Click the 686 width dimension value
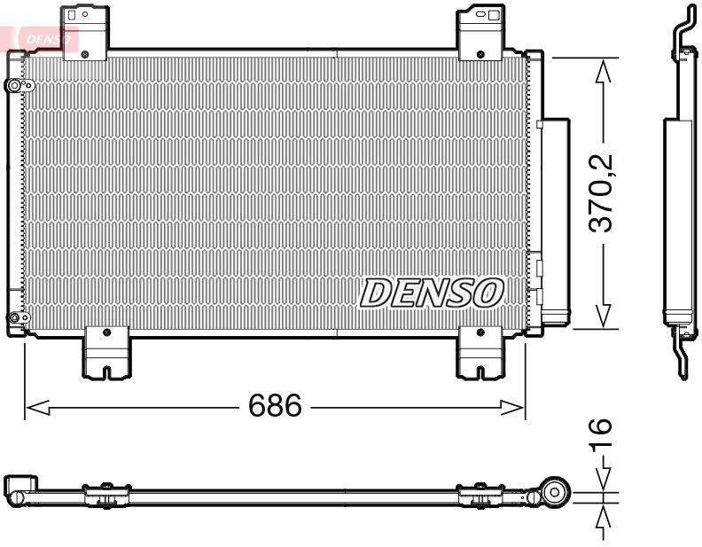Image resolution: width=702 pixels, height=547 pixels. (274, 406)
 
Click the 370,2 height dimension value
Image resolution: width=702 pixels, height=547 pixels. (604, 193)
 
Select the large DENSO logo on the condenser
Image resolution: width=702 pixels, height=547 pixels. (432, 293)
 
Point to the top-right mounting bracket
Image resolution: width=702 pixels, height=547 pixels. (480, 28)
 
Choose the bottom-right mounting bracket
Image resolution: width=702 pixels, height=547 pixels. (480, 352)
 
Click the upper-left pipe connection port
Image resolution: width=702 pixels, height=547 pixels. (16, 86)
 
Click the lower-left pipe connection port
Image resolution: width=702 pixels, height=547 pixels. (15, 318)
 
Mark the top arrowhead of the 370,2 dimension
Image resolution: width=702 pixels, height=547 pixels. (604, 70)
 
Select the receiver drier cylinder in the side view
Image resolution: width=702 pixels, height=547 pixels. (680, 217)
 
